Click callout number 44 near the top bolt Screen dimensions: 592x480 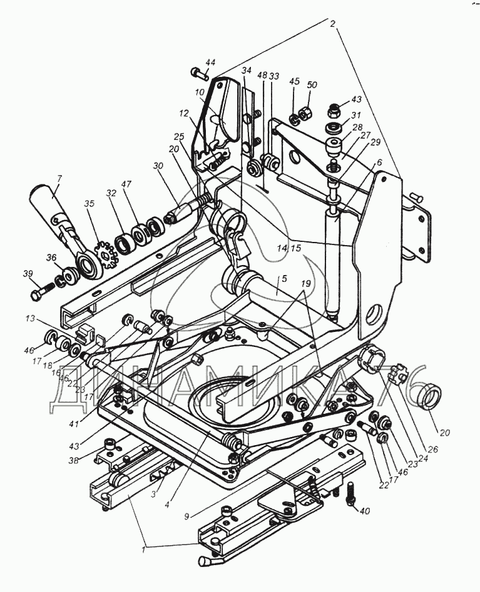click(x=210, y=62)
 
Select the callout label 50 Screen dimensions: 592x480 click(x=312, y=84)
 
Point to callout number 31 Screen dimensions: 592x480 click(x=356, y=115)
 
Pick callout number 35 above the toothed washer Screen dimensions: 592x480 click(x=89, y=204)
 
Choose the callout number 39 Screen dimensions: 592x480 click(x=27, y=274)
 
